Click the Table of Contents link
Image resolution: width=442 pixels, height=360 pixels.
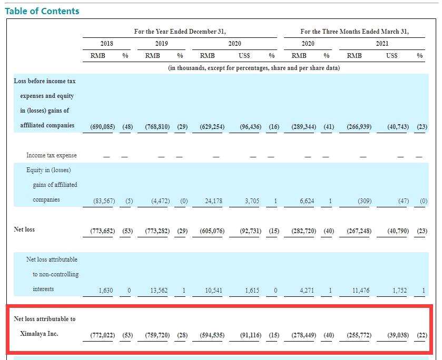pos(42,11)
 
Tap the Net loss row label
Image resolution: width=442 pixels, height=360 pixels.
pos(24,229)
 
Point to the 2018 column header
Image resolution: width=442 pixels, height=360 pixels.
pos(106,44)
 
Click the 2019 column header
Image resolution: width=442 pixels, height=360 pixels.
pos(162,44)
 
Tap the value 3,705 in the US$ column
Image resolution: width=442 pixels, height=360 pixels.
pos(252,201)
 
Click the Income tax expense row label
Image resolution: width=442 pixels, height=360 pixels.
pos(51,155)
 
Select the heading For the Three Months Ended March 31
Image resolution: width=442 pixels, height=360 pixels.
pos(355,32)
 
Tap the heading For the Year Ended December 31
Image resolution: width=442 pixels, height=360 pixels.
pos(180,32)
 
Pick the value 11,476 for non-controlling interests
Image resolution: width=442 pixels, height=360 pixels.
pos(361,290)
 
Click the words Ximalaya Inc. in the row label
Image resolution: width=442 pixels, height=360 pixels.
pos(39,334)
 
